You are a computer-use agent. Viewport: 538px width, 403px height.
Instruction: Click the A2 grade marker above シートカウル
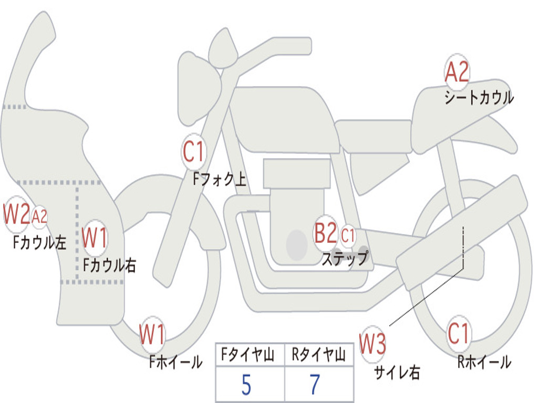click(x=457, y=72)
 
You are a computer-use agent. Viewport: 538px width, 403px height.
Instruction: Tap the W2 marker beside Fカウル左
click(x=16, y=214)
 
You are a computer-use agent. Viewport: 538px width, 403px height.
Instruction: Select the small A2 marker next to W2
click(x=39, y=217)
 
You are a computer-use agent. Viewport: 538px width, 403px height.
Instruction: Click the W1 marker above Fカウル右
click(x=95, y=238)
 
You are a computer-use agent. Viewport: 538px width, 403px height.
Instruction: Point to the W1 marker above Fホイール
click(x=152, y=334)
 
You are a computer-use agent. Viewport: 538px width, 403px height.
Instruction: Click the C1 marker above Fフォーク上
click(x=193, y=152)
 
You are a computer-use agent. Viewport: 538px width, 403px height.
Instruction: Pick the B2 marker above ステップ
click(x=326, y=233)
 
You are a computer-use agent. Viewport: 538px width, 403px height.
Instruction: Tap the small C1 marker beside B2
click(x=348, y=236)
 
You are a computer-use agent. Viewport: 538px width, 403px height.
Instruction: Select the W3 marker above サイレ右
click(x=373, y=344)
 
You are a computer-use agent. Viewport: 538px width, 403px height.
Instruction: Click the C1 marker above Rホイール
click(x=458, y=333)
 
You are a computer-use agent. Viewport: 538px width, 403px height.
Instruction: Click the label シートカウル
click(x=479, y=97)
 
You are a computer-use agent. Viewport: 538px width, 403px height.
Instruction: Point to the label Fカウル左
click(x=40, y=242)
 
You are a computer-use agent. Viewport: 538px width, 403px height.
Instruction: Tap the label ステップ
click(x=345, y=258)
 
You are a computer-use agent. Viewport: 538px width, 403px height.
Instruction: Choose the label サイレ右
click(x=397, y=373)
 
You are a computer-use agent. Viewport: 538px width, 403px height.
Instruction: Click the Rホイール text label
click(x=484, y=362)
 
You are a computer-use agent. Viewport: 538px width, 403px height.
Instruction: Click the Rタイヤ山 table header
click(x=318, y=354)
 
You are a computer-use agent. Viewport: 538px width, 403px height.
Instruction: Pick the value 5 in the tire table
click(x=246, y=385)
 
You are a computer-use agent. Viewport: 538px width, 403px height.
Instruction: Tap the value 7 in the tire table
click(x=315, y=384)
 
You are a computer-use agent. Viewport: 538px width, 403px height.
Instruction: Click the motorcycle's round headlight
click(x=199, y=88)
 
